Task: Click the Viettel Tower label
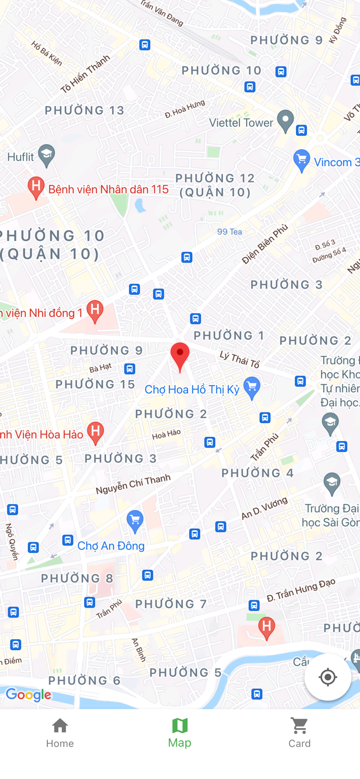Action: pos(241,123)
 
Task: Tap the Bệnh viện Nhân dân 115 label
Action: pos(108,189)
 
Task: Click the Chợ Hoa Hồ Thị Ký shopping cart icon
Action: pos(252,387)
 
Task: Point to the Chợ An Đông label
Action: pos(111,546)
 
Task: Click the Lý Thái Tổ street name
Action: pos(239,359)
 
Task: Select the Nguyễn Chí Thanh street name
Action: pos(133,484)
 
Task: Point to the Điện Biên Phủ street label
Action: pos(264,244)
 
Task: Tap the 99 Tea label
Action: pos(230,232)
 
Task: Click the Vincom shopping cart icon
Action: pos(301,160)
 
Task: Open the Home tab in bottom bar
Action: pos(60,732)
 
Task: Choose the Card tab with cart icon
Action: pos(299,732)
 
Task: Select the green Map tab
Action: pos(180,732)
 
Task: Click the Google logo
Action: pos(29,695)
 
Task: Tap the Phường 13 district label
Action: pos(85,110)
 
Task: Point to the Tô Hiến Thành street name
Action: pos(85,74)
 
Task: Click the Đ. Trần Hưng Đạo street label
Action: pos(301,590)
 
